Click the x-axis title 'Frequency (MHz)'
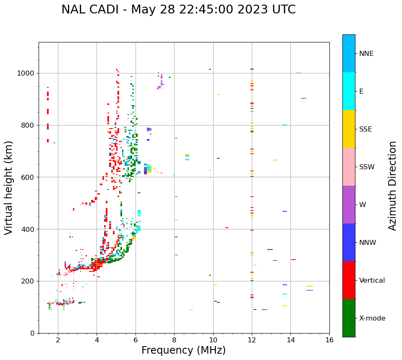coord(183,350)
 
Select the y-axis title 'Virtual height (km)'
coord(9,188)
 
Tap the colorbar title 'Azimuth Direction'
coord(392,186)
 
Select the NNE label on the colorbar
coord(366,54)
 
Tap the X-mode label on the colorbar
coord(372,318)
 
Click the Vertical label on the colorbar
coord(372,281)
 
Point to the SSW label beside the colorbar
coord(367,167)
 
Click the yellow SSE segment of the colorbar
coord(349,129)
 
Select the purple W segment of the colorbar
coord(349,205)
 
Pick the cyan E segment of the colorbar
coord(349,91)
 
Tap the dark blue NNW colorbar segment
coord(349,242)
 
